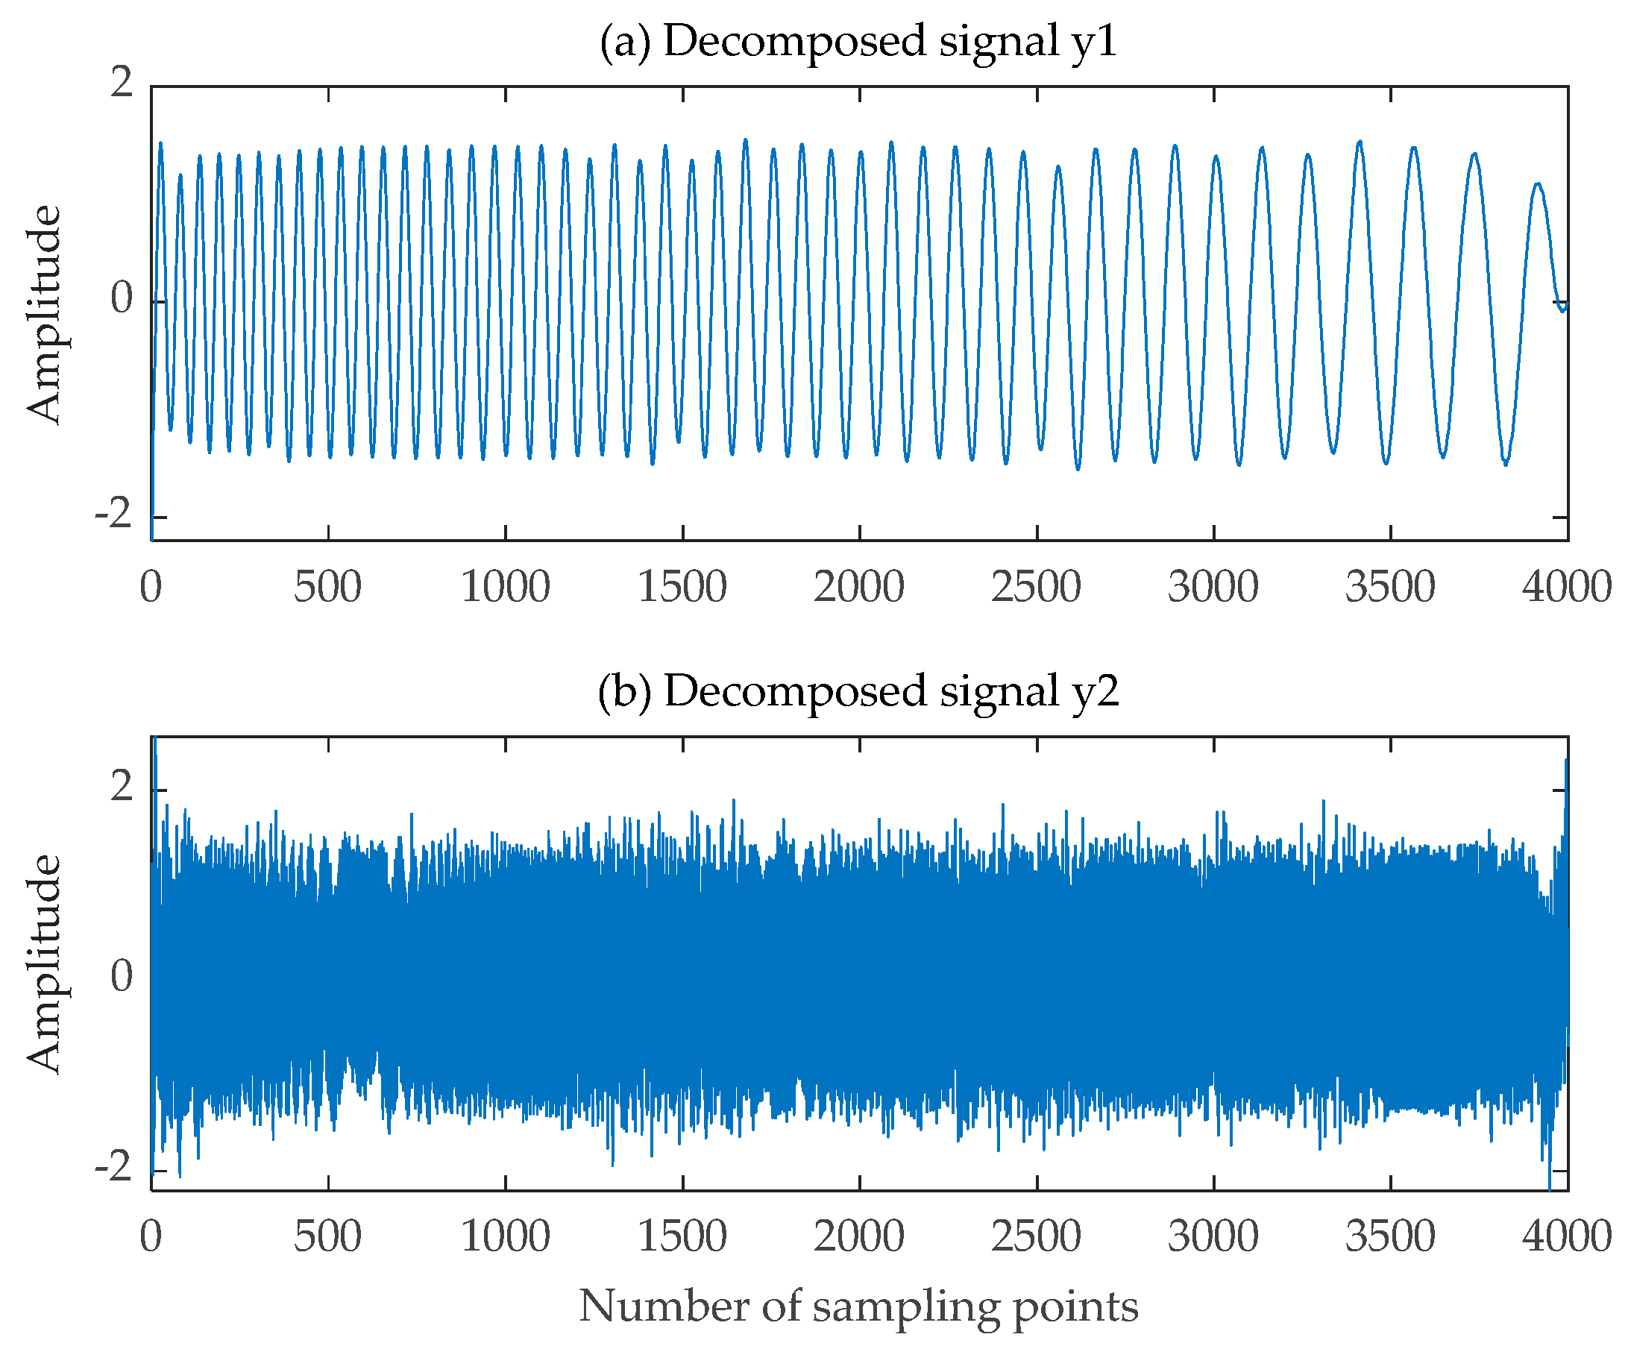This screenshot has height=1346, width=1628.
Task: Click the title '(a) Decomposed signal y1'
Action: (x=858, y=41)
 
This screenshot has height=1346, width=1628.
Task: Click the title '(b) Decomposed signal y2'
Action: (x=858, y=690)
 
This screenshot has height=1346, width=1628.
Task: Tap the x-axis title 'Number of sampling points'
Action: (x=858, y=1306)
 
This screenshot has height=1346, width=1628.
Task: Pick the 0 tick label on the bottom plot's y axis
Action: (x=122, y=975)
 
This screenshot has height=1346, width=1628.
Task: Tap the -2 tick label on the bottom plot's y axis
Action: (x=114, y=1166)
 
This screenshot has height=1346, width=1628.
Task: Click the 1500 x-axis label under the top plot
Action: (x=682, y=587)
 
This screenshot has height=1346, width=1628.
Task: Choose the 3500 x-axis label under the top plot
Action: (x=1390, y=587)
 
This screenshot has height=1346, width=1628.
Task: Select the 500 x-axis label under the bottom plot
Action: (x=327, y=1236)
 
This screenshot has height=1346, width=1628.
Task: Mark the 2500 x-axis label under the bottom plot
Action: (x=1036, y=1236)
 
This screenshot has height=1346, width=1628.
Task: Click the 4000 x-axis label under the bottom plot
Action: (x=1567, y=1236)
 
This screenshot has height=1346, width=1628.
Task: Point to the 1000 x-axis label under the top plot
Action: (x=506, y=587)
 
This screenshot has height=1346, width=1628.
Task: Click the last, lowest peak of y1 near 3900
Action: (x=1536, y=184)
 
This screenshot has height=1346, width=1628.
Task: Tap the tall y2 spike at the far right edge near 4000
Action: (x=1565, y=764)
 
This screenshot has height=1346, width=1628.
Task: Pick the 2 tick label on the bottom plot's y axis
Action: (x=122, y=787)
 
